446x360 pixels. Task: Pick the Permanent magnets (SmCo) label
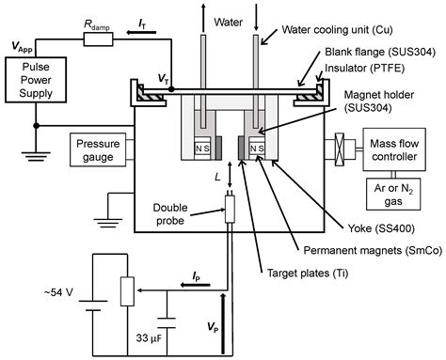[345, 251]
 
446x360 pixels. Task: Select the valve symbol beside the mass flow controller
[338, 149]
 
